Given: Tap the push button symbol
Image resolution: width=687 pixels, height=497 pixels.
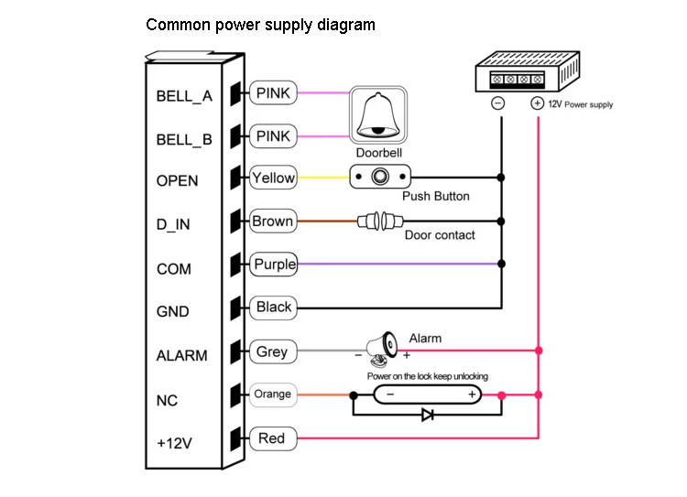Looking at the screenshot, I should coord(380,178).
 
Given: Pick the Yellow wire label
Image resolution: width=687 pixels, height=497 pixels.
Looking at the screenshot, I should coord(273,178).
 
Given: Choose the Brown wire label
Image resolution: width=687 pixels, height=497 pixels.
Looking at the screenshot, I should coord(273,221).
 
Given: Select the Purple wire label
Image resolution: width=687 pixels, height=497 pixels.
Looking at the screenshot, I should coord(274,265).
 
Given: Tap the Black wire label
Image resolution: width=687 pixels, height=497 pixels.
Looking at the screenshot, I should coord(273,308).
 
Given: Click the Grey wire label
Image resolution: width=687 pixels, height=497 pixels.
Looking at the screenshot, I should coord(272,351).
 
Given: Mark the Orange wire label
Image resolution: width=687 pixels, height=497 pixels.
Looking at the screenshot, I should coord(272,394).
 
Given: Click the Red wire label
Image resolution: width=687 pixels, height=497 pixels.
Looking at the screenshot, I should coord(272,438).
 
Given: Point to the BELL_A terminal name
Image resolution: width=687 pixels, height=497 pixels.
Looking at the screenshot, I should coord(184,95).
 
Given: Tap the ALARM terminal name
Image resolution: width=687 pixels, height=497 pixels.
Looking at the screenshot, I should coord(181,356).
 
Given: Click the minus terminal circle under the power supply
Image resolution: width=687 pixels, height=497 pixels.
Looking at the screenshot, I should coord(498,103).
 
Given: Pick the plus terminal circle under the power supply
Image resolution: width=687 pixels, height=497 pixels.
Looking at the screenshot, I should coord(537,103).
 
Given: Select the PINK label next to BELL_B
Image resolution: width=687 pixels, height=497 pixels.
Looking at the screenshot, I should coord(273,136).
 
